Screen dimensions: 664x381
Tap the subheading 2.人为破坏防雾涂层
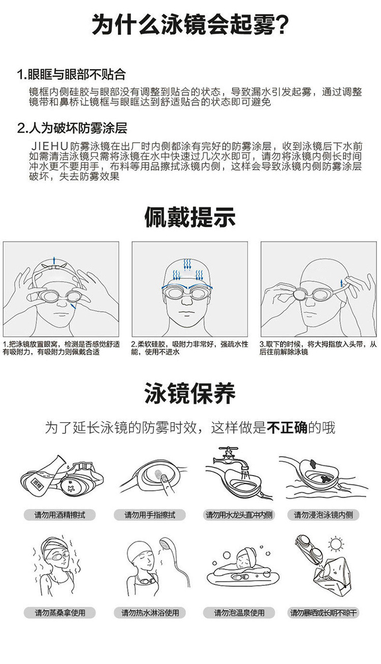72,128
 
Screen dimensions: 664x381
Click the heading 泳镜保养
190,394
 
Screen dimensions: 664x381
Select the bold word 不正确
287,428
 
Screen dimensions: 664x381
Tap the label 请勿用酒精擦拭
60,515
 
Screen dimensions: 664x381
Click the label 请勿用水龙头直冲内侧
239,515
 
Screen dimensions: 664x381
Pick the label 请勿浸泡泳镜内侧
324,515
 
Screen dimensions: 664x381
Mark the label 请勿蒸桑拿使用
60,613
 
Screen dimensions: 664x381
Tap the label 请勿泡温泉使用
239,613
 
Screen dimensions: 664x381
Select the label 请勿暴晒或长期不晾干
324,613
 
